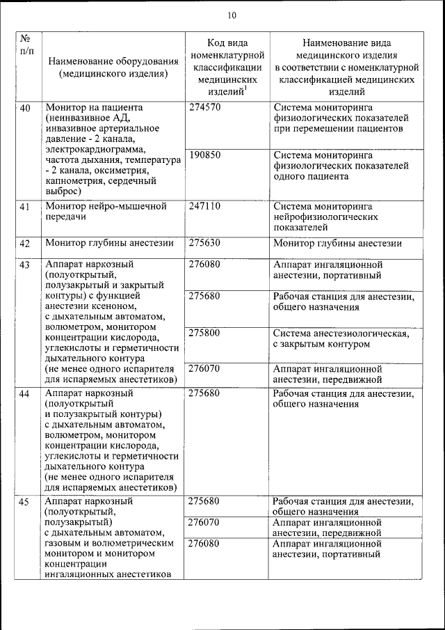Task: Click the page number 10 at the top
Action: pyautogui.click(x=232, y=15)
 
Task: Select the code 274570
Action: pyautogui.click(x=204, y=108)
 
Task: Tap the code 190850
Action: pyautogui.click(x=204, y=155)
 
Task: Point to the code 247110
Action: pyautogui.click(x=204, y=207)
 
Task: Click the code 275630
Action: pyautogui.click(x=204, y=243)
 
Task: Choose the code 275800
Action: pyautogui.click(x=204, y=333)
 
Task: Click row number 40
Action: pyautogui.click(x=25, y=109)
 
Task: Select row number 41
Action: pyautogui.click(x=25, y=207)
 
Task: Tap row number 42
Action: pyautogui.click(x=25, y=244)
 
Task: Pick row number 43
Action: pyautogui.click(x=25, y=265)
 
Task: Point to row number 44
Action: pyautogui.click(x=25, y=394)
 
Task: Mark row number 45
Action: pyautogui.click(x=25, y=502)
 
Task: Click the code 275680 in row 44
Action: pyautogui.click(x=204, y=393)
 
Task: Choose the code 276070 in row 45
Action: pyautogui.click(x=204, y=521)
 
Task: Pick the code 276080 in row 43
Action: pyautogui.click(x=204, y=265)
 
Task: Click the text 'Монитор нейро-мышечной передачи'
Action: pyautogui.click(x=106, y=212)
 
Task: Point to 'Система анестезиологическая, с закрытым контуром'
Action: pyautogui.click(x=341, y=338)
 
